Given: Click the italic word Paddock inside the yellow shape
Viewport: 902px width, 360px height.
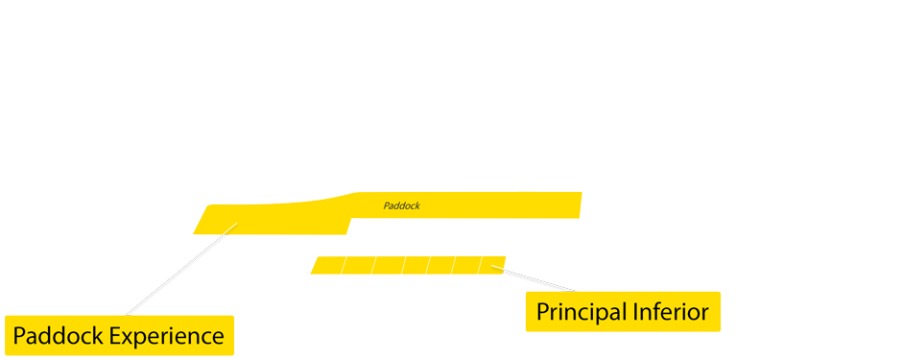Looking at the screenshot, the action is point(401,205).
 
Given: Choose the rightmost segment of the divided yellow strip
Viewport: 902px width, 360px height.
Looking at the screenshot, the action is point(491,264).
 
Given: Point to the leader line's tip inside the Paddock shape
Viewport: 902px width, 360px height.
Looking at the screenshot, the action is point(237,225).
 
